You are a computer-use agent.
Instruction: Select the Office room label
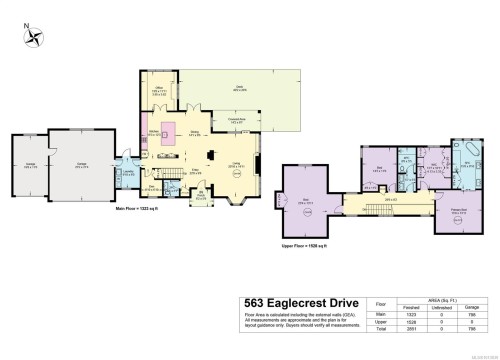click(157, 90)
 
